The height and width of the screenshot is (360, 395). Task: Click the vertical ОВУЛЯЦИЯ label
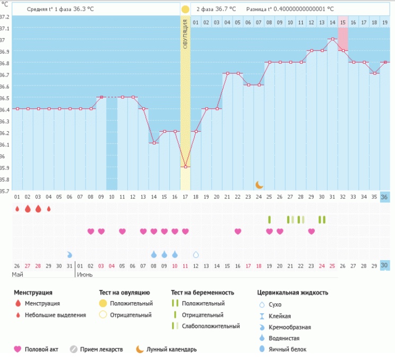point(185,34)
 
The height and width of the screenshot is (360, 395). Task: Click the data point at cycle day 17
point(185,167)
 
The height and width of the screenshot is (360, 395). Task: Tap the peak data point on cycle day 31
point(332,39)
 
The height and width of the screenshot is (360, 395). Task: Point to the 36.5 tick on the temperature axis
point(4,98)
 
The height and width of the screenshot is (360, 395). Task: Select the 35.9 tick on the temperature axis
point(4,168)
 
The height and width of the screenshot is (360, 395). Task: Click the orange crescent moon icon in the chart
point(259,184)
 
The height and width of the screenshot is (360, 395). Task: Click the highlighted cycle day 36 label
point(385,197)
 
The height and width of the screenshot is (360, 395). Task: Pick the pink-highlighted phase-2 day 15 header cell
point(343,22)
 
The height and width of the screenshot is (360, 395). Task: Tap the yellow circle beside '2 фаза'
point(185,10)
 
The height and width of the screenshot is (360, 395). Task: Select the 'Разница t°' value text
point(290,10)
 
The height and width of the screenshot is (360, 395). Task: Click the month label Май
point(18,275)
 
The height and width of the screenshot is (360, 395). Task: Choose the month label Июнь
point(85,275)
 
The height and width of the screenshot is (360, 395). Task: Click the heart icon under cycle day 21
point(238,232)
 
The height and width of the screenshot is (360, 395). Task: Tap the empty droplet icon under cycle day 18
point(196,255)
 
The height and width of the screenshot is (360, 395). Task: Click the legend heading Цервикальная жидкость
point(293,293)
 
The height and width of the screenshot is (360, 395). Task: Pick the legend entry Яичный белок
point(287,349)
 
